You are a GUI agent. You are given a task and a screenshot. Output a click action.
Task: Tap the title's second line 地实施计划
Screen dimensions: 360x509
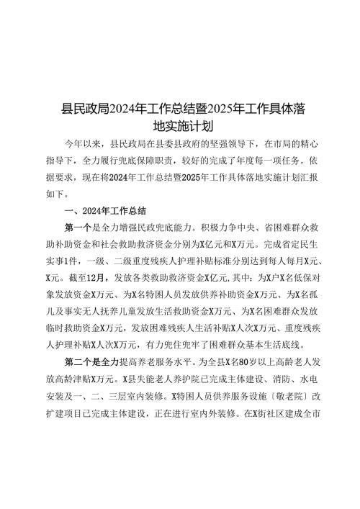pyautogui.click(x=180, y=127)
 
